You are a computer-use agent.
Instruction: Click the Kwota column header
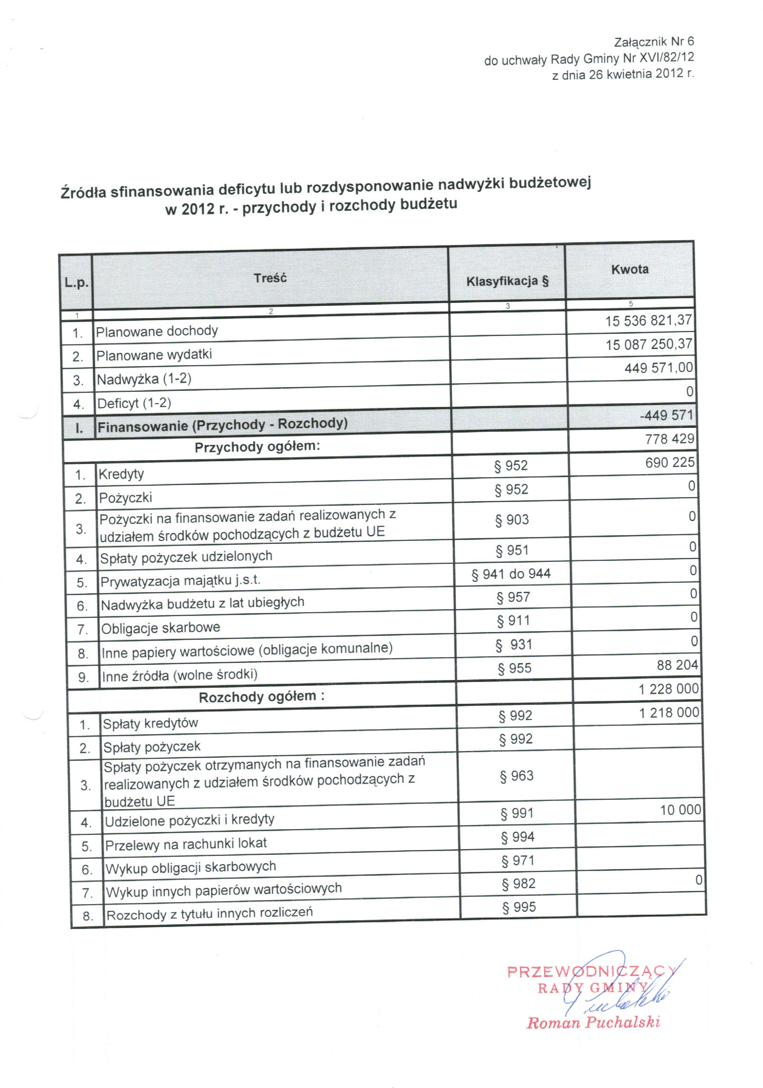click(629, 269)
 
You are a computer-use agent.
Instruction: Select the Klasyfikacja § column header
click(507, 281)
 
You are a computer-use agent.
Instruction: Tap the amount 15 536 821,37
click(649, 321)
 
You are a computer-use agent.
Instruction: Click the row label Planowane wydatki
click(154, 355)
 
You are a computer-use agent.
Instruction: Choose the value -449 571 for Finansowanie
click(667, 415)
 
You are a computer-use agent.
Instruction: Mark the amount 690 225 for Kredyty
click(670, 462)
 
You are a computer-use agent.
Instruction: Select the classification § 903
click(512, 520)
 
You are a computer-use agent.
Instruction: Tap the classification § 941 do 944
click(511, 574)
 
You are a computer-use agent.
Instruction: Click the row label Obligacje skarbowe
click(161, 628)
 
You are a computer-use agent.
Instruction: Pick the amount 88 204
click(677, 665)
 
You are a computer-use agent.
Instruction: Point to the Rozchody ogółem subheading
click(262, 697)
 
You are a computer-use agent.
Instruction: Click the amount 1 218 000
click(669, 712)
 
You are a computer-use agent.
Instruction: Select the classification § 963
click(516, 776)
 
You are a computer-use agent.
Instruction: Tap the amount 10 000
click(680, 810)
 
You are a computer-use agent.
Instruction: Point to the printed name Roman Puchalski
click(593, 1022)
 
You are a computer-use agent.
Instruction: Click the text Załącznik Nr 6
click(654, 42)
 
